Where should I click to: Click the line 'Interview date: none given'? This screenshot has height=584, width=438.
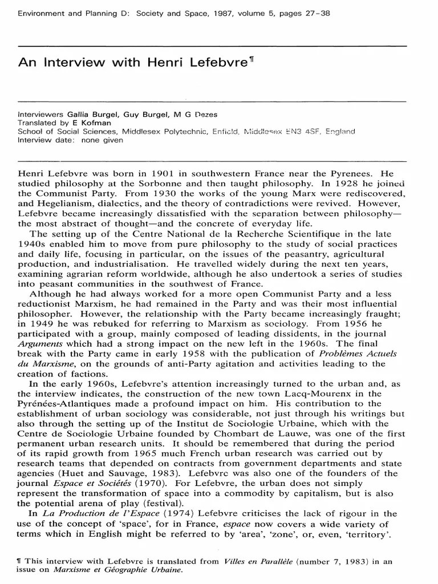coord(70,140)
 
